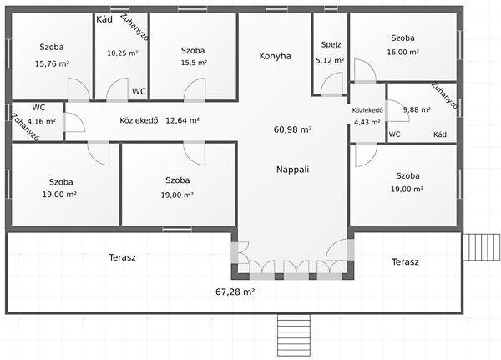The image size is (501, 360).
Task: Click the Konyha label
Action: (x=275, y=56)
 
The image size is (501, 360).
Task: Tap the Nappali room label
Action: (x=293, y=170)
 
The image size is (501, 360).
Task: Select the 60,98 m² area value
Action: (x=293, y=129)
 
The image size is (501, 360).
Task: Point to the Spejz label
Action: (x=331, y=45)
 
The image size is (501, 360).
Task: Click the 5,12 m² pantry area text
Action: (x=330, y=60)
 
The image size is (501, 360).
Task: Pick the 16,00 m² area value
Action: (x=403, y=52)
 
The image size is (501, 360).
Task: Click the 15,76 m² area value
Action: (x=52, y=63)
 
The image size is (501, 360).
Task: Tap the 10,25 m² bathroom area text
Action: (x=123, y=53)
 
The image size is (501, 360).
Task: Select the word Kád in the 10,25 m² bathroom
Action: (x=104, y=19)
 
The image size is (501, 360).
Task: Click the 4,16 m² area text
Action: (x=42, y=121)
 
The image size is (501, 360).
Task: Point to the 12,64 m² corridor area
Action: (x=182, y=120)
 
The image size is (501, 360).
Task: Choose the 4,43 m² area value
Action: (x=367, y=122)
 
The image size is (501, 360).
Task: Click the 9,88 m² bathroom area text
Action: (x=417, y=110)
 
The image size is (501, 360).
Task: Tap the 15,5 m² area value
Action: (x=194, y=63)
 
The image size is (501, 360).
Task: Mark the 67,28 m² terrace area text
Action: (x=235, y=292)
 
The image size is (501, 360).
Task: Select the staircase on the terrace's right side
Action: (x=482, y=247)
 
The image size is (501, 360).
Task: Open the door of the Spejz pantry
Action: (x=331, y=84)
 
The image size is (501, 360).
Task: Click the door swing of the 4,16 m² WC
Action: (x=74, y=122)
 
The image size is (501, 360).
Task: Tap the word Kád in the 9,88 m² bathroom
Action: (x=440, y=134)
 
